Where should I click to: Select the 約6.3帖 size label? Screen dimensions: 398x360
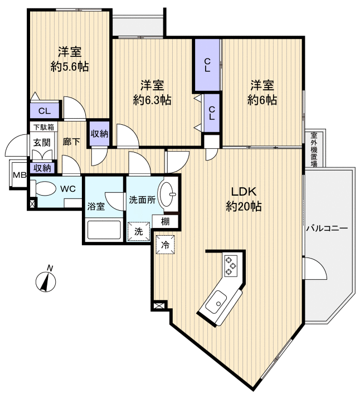pyautogui.click(x=152, y=100)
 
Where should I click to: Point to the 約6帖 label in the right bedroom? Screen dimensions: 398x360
pyautogui.click(x=261, y=100)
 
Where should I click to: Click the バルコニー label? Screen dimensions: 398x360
pyautogui.click(x=326, y=229)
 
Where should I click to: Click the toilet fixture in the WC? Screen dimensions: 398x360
pyautogui.click(x=42, y=188)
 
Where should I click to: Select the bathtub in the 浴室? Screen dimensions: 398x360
pyautogui.click(x=104, y=230)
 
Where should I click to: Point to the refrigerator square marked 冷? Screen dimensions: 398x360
pyautogui.click(x=166, y=244)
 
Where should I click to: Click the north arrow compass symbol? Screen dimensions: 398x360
pyautogui.click(x=45, y=280)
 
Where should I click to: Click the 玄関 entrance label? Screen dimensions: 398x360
pyautogui.click(x=41, y=142)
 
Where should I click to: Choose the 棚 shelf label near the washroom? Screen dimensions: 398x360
pyautogui.click(x=166, y=221)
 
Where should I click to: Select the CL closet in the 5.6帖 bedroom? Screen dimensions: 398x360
pyautogui.click(x=45, y=110)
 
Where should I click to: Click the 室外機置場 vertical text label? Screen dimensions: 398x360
pyautogui.click(x=314, y=149)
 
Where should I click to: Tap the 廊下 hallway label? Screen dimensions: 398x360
pyautogui.click(x=71, y=142)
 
